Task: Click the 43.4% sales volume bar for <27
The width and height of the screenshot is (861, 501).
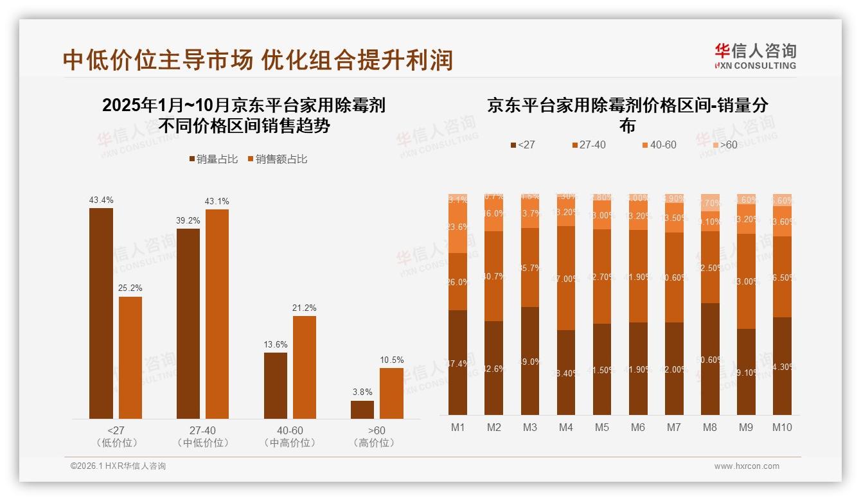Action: click(101, 313)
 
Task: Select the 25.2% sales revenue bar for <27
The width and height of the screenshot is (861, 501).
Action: click(130, 358)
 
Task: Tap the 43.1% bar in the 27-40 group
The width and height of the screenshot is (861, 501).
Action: click(217, 314)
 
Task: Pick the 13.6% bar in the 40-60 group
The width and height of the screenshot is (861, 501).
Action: click(276, 385)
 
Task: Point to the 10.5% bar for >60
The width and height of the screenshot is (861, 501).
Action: click(391, 393)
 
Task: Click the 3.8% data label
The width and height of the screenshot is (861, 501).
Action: click(362, 392)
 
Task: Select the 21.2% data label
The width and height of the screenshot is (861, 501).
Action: click(305, 308)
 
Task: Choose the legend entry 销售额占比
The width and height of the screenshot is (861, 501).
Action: click(277, 159)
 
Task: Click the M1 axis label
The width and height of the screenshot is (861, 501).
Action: click(457, 427)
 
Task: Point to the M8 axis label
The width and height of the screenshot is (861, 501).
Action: click(710, 427)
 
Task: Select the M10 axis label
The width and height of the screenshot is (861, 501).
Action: click(782, 427)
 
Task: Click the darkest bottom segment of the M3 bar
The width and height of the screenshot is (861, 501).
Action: click(530, 360)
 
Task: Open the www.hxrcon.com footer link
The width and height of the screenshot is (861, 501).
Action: click(747, 466)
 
